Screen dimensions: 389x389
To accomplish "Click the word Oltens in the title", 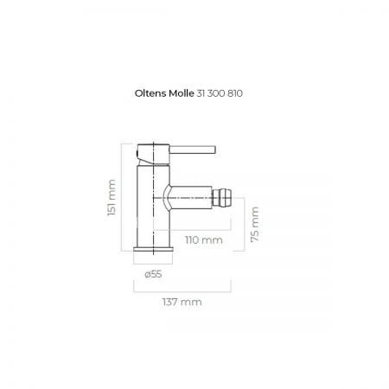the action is point(150,93).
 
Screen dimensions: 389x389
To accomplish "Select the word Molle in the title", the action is point(182,93).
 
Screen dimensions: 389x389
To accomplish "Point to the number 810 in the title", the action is point(235,93).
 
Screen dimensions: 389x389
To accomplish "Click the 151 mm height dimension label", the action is point(112,197).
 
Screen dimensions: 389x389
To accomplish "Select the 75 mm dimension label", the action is point(255,225).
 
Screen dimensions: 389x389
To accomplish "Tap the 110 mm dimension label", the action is point(204,239).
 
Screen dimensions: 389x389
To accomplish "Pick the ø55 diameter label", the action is point(153,274).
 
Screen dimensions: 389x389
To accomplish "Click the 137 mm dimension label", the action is point(182,302).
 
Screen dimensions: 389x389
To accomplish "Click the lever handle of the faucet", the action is point(193,150).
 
